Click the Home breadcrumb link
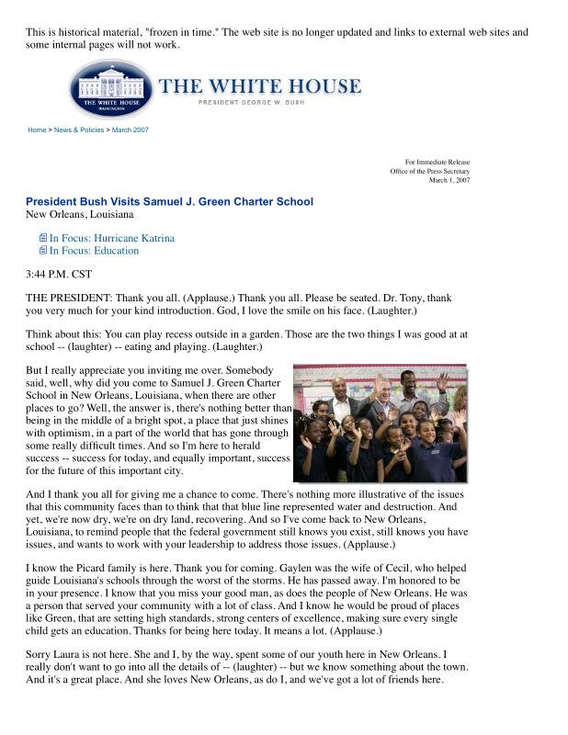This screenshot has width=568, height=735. click(37, 130)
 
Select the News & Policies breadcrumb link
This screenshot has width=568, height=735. click(80, 130)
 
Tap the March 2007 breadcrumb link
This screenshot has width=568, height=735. click(131, 130)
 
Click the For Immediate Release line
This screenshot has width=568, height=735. click(443, 163)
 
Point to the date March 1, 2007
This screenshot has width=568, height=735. click(449, 180)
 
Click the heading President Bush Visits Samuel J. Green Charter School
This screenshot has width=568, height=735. click(169, 202)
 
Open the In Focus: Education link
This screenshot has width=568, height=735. click(94, 251)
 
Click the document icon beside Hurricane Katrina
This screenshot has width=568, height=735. click(42, 238)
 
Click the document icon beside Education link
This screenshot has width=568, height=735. click(42, 251)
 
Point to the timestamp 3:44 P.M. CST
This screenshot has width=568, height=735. click(59, 274)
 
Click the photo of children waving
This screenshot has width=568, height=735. click(380, 423)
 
